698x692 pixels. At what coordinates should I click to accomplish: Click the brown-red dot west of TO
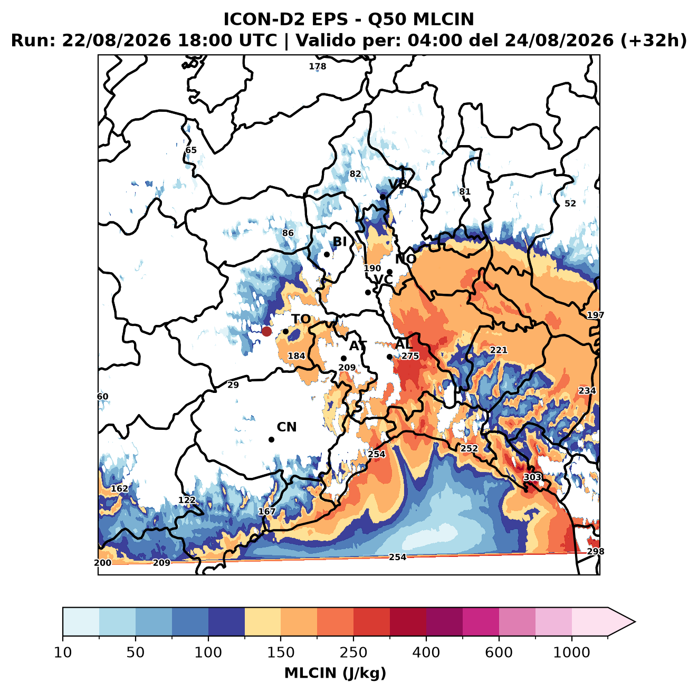(266, 331)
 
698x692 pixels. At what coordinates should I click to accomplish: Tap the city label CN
(286, 427)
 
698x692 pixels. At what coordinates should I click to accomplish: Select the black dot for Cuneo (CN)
(271, 439)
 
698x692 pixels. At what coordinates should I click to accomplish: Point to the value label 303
(532, 477)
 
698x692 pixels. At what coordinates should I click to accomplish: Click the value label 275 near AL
(410, 356)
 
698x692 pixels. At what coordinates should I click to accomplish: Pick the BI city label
(339, 242)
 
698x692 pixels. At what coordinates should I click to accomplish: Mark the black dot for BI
(327, 255)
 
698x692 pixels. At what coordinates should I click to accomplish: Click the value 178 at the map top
(317, 66)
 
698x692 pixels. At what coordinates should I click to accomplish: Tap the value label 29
(233, 385)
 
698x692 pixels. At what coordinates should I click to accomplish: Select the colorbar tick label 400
(426, 653)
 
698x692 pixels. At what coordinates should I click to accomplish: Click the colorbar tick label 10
(62, 653)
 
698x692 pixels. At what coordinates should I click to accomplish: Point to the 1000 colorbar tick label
(571, 653)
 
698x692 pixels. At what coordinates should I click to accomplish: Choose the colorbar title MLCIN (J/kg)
(335, 674)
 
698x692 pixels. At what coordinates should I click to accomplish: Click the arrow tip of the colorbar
(635, 622)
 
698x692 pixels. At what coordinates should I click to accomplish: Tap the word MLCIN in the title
(443, 20)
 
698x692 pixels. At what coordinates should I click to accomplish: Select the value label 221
(499, 350)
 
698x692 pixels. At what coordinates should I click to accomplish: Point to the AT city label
(358, 346)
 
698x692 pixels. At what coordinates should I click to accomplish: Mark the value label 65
(191, 150)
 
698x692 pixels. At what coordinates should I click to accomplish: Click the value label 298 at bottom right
(596, 552)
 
